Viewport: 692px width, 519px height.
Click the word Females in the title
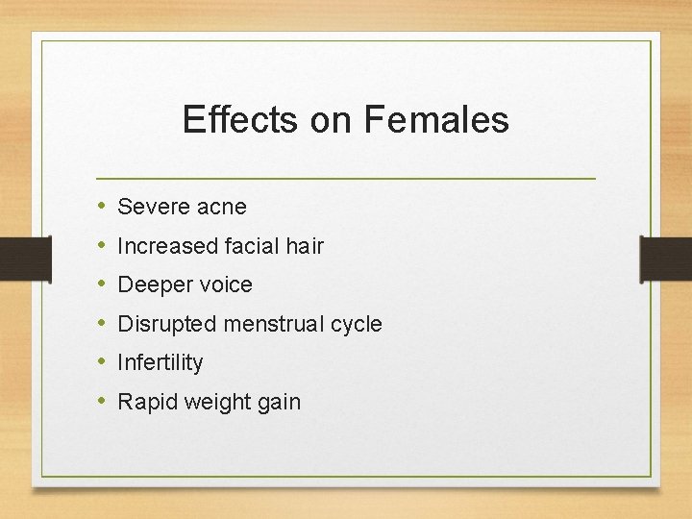436,120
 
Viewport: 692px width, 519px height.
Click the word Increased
167,246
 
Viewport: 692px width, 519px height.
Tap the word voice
222,285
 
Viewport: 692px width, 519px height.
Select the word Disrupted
166,325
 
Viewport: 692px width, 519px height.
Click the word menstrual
272,325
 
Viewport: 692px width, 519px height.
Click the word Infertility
161,363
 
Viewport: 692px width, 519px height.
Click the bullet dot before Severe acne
102,206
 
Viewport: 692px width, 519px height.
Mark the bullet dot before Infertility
102,362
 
